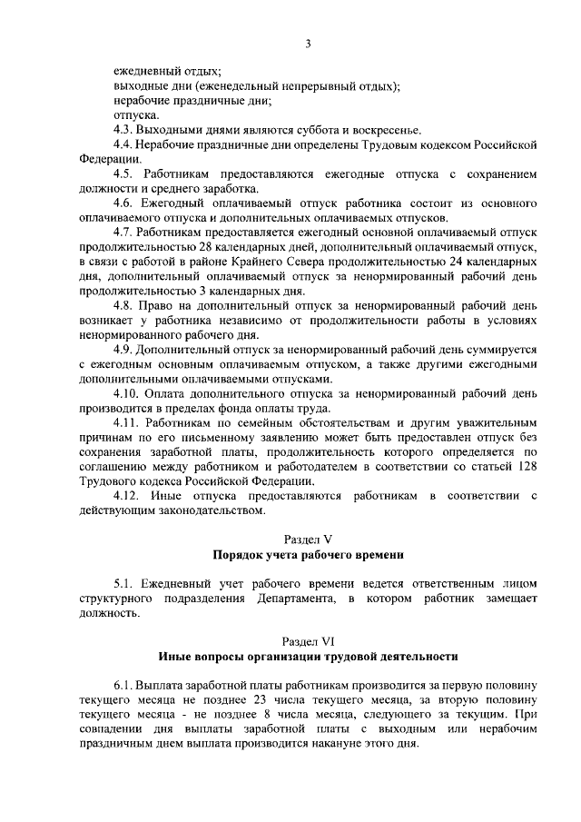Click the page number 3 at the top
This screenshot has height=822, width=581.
pyautogui.click(x=308, y=43)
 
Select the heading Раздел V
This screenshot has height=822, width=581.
pyautogui.click(x=308, y=539)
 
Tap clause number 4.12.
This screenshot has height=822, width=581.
pyautogui.click(x=127, y=495)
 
